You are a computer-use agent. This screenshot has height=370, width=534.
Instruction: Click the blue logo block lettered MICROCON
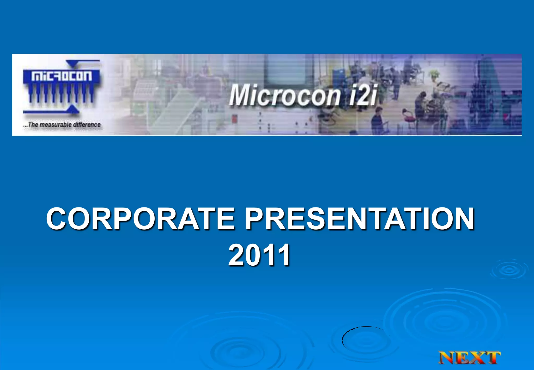pos(62,76)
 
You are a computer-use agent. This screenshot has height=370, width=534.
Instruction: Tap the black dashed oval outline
pos(343,339)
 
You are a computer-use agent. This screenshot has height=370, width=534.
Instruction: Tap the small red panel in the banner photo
pos(234,118)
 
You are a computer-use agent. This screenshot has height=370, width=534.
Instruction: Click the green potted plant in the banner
pos(434,74)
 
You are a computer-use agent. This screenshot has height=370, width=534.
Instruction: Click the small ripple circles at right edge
pos(509,270)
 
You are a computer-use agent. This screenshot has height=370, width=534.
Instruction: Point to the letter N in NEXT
pos(448,358)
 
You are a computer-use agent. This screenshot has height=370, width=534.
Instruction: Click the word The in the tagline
pos(33,125)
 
